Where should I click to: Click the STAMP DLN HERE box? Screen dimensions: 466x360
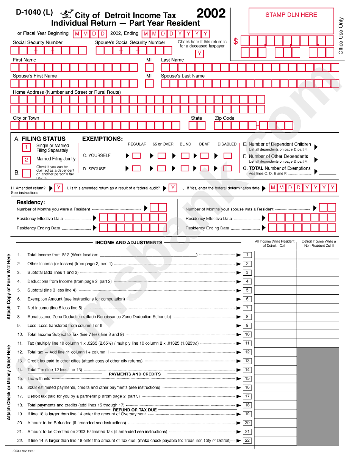pyautogui.click(x=291, y=21)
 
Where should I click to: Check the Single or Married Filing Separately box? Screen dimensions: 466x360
pyautogui.click(x=27, y=148)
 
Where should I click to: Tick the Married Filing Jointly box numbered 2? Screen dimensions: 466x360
pyautogui.click(x=27, y=160)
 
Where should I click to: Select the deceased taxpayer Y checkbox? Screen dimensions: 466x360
pyautogui.click(x=200, y=54)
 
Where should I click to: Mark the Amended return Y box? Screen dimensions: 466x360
pyautogui.click(x=58, y=188)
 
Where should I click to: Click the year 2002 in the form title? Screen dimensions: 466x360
pyautogui.click(x=211, y=14)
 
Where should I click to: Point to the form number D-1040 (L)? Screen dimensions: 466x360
pyautogui.click(x=34, y=12)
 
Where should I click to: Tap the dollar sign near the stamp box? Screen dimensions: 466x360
pyautogui.click(x=236, y=41)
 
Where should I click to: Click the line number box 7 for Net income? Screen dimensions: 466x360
pyautogui.click(x=247, y=308)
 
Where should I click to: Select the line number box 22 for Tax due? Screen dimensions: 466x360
pyautogui.click(x=247, y=441)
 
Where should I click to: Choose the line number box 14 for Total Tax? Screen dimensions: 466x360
pyautogui.click(x=247, y=370)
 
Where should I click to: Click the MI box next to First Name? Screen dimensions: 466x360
pyautogui.click(x=149, y=68)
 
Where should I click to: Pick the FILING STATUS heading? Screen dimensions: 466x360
pyautogui.click(x=43, y=139)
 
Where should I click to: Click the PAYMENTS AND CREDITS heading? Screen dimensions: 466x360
pyautogui.click(x=135, y=374)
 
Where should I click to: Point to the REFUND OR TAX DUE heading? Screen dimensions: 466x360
pyautogui.click(x=135, y=410)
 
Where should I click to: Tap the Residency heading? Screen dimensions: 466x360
pyautogui.click(x=31, y=202)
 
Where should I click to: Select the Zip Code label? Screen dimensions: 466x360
pyautogui.click(x=225, y=118)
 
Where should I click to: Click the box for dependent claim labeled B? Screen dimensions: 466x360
pyautogui.click(x=27, y=173)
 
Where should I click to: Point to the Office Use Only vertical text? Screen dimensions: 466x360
pyautogui.click(x=341, y=36)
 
